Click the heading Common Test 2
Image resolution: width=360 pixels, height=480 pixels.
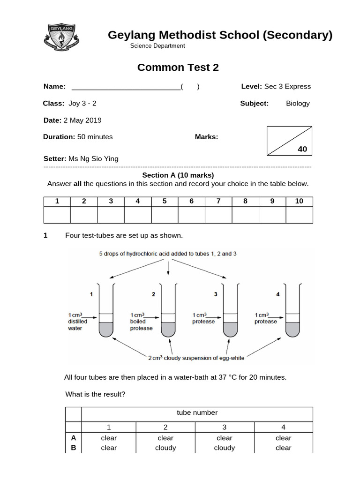[x=178, y=67]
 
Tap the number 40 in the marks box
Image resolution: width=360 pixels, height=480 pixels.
[x=302, y=149]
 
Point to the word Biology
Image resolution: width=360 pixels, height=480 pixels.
[x=298, y=104]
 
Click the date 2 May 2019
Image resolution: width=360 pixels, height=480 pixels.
[x=82, y=120]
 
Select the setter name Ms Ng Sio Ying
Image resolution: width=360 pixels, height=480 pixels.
[x=93, y=159]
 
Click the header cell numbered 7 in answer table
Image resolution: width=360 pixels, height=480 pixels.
[x=218, y=201]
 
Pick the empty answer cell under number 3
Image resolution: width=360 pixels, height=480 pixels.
[x=111, y=215]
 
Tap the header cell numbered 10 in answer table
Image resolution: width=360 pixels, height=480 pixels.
[x=299, y=201]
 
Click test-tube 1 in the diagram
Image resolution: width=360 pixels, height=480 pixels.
[x=106, y=311]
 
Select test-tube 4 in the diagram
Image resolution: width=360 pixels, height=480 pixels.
[x=293, y=311]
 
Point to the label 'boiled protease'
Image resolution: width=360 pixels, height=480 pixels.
[x=141, y=322]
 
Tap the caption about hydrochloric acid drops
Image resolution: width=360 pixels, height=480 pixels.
[x=167, y=254]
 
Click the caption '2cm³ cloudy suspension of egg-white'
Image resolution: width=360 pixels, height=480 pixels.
[x=196, y=359]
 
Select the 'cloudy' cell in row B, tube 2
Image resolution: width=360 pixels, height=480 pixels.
[x=165, y=448]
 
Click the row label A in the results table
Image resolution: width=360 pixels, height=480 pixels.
[x=74, y=438]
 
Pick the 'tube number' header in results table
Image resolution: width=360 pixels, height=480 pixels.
[x=197, y=413]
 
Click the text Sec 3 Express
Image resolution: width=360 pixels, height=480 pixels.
[x=287, y=87]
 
